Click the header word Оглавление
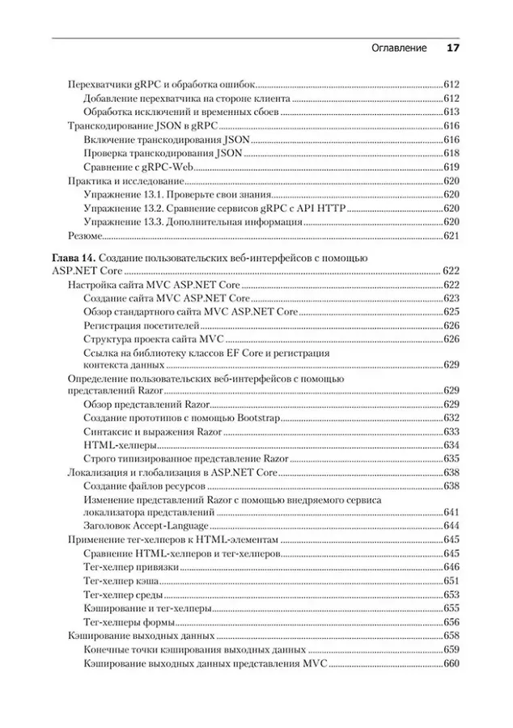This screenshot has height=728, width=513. [399, 48]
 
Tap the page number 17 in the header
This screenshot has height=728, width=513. [452, 48]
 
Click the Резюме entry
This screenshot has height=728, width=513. [85, 235]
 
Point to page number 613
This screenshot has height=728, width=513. [451, 112]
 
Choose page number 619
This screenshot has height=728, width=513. [451, 167]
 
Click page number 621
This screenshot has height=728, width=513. [451, 235]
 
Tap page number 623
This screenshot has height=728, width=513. [451, 298]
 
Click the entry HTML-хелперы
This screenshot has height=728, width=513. [120, 445]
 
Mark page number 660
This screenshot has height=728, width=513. [451, 663]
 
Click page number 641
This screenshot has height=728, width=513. [451, 511]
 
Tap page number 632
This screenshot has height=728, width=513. [451, 417]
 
